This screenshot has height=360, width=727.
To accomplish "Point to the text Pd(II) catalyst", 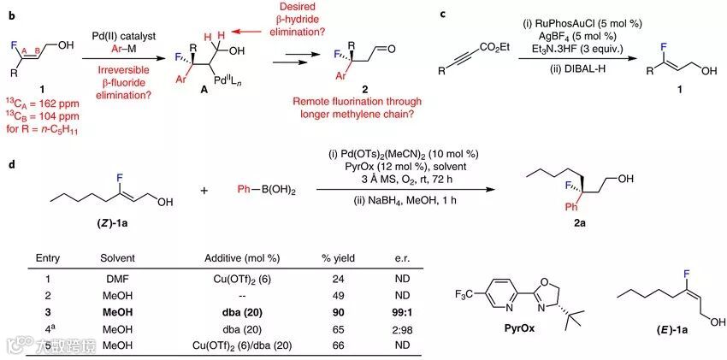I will (127, 33).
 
